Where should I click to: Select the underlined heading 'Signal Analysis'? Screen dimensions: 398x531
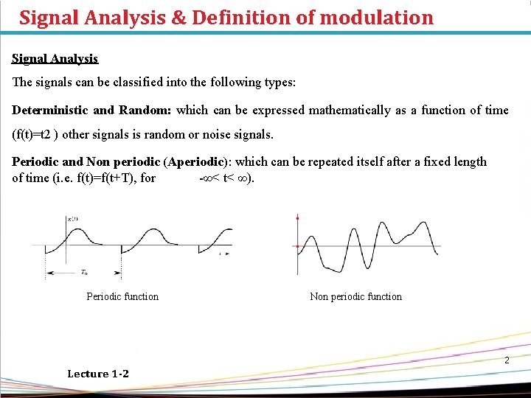point(55,58)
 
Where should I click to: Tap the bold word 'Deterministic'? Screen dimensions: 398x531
point(51,110)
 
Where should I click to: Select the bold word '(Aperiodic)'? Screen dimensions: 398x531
point(197,161)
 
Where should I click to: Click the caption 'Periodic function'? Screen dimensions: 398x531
point(122,296)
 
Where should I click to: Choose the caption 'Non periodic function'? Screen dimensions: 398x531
point(356,296)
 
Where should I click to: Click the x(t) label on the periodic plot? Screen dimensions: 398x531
point(73,220)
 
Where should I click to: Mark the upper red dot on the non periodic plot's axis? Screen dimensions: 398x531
point(297,219)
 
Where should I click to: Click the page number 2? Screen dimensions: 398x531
point(507,360)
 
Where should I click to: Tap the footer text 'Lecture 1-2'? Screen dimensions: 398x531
point(98,374)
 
